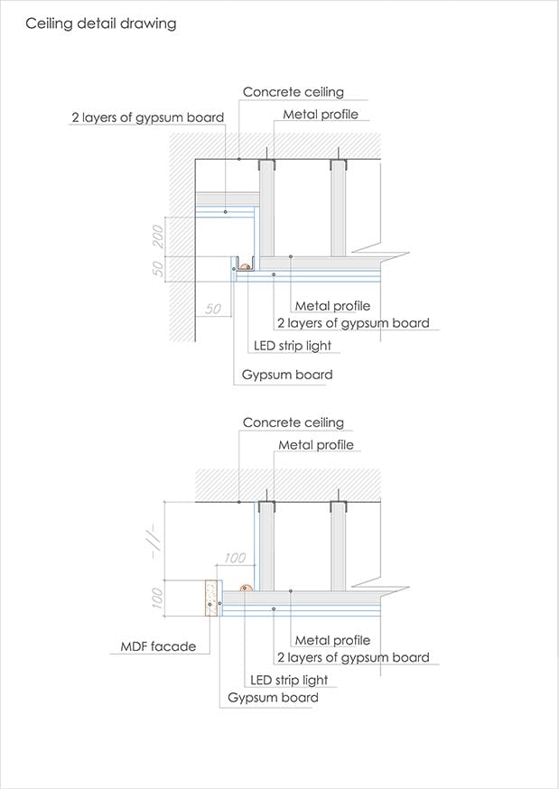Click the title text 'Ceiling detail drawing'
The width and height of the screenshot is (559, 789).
tap(100, 23)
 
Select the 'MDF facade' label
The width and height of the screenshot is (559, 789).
tap(158, 646)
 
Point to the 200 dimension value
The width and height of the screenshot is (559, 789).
tap(158, 237)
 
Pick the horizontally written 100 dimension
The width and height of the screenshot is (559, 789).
tap(234, 558)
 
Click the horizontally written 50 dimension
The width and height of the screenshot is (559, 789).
tap(213, 309)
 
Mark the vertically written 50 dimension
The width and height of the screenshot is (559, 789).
tap(158, 268)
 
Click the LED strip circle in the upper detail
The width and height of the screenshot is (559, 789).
tap(245, 266)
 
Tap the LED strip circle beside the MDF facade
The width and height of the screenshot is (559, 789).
tap(245, 588)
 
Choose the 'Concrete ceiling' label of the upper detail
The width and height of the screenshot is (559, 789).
tap(293, 93)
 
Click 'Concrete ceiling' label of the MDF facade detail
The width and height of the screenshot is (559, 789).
tap(293, 422)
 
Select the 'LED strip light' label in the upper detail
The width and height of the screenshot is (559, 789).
tap(292, 346)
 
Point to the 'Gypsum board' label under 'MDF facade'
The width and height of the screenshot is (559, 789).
tap(273, 698)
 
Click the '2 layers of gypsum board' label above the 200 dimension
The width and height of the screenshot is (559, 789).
tap(147, 117)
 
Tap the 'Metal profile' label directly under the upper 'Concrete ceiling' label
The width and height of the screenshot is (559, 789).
tap(320, 115)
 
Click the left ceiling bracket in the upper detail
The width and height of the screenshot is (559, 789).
tap(266, 165)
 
